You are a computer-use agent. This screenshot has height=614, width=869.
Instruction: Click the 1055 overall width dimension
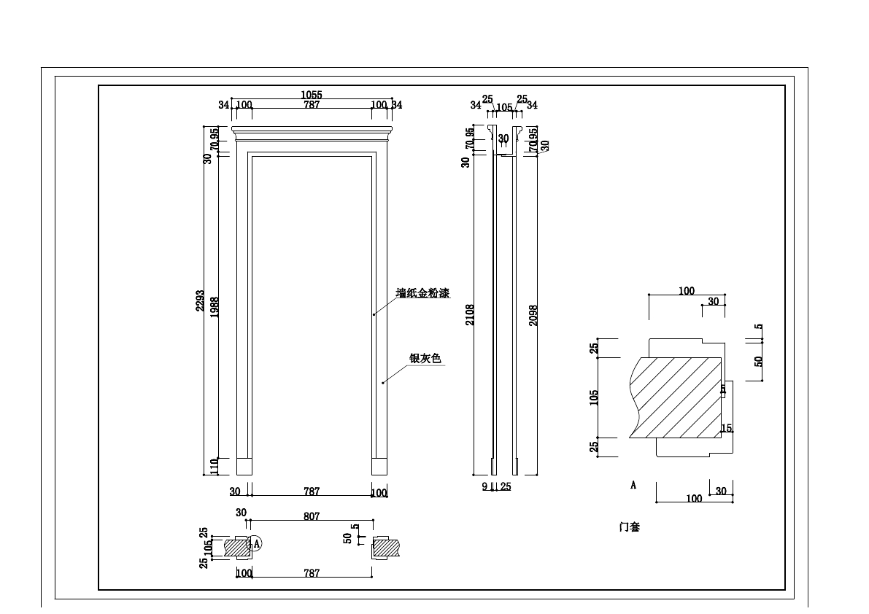312,95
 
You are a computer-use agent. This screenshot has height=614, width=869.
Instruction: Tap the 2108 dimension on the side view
471,314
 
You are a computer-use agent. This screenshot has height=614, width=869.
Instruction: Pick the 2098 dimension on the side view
533,315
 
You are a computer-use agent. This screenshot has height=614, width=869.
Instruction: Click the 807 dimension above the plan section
312,516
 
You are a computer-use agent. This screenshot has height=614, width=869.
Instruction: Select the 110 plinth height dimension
214,465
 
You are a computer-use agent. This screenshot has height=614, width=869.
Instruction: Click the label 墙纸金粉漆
422,293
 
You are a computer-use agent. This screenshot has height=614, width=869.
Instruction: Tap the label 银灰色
425,358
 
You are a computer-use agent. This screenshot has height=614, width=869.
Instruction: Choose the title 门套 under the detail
629,526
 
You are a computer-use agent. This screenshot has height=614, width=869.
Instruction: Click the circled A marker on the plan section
256,543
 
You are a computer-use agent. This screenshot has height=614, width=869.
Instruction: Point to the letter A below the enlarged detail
633,485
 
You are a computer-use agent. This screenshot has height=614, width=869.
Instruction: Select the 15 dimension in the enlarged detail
727,428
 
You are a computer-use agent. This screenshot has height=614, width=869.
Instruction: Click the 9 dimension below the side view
484,486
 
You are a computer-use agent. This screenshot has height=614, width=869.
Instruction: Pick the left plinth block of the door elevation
244,466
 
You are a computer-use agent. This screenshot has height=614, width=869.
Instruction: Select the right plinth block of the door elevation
379,466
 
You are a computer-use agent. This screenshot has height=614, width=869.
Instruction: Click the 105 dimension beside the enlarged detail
594,397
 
